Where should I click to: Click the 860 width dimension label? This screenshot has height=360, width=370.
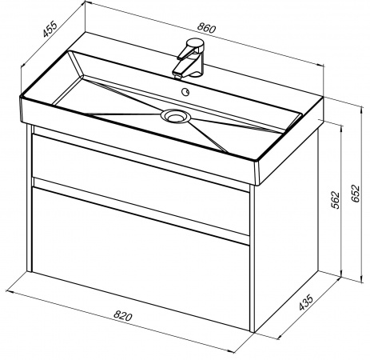tap(206, 28)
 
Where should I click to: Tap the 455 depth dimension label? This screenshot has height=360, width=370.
tap(50, 29)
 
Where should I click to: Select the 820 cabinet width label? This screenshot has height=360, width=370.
tap(123, 316)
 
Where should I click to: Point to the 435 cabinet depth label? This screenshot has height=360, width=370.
tap(305, 302)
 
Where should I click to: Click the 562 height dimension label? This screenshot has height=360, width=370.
tap(336, 200)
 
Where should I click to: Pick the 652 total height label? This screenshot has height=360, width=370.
tap(356, 194)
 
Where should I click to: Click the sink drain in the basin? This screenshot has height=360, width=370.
tap(176, 116)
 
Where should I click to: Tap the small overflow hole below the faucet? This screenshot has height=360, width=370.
tap(185, 92)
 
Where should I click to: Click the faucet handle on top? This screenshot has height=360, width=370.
tap(196, 44)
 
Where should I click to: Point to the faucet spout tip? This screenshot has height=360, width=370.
tap(177, 76)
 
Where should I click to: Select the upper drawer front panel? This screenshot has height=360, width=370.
tap(141, 184)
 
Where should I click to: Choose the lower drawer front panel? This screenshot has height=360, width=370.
tap(141, 258)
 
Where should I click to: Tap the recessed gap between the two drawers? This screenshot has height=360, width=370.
tap(141, 211)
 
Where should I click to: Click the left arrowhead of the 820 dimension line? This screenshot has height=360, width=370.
tap(9, 291)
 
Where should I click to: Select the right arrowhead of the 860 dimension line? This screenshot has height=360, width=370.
tap(321, 66)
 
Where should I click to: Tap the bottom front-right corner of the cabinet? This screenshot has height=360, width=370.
tap(253, 332)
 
